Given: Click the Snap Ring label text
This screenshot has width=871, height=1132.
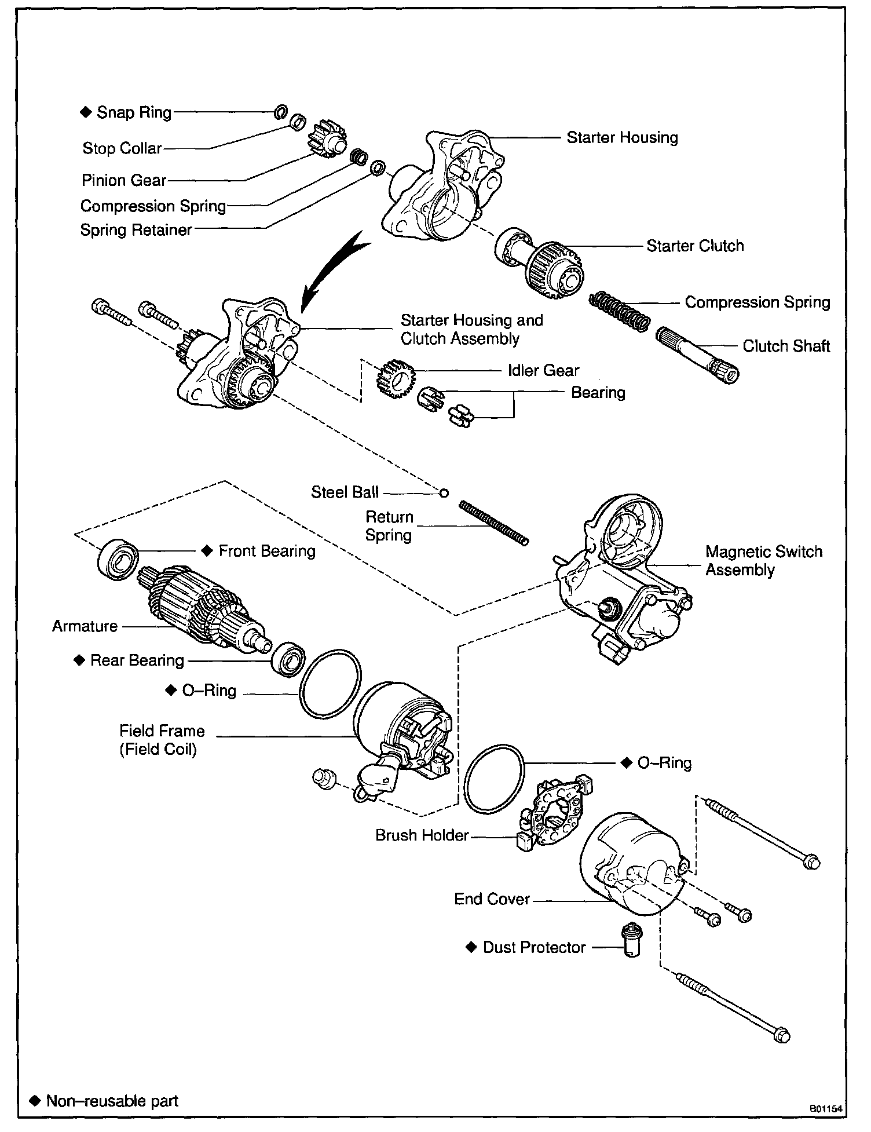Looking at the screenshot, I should [134, 112].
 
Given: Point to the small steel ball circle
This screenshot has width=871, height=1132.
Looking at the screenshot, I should [444, 493].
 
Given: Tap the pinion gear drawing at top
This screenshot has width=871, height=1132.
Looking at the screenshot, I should [328, 141].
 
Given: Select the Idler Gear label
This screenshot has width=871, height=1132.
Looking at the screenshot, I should [543, 370].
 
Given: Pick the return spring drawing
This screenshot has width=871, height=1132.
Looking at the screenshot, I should [493, 523].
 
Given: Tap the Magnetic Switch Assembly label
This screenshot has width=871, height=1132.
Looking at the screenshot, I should [763, 560].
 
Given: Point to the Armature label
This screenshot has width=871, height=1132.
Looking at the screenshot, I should [85, 626].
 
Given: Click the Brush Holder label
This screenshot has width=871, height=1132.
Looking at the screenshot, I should [422, 835].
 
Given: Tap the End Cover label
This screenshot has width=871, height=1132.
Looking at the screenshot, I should [492, 899].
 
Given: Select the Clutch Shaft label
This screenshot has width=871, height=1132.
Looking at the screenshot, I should [786, 346].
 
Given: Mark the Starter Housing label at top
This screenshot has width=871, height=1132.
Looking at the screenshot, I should [621, 137].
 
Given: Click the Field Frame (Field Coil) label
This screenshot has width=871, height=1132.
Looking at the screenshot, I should [162, 740].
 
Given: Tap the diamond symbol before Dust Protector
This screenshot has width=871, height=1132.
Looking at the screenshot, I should [471, 947].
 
